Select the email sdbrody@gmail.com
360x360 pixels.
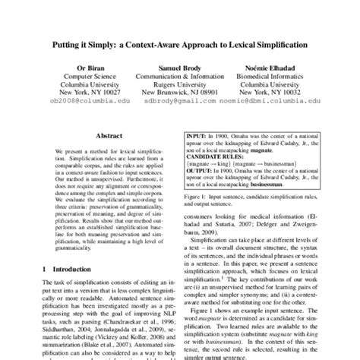[x=176, y=99]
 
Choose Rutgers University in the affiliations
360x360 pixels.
[x=179, y=85]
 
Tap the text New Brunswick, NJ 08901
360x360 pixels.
[x=179, y=93]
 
